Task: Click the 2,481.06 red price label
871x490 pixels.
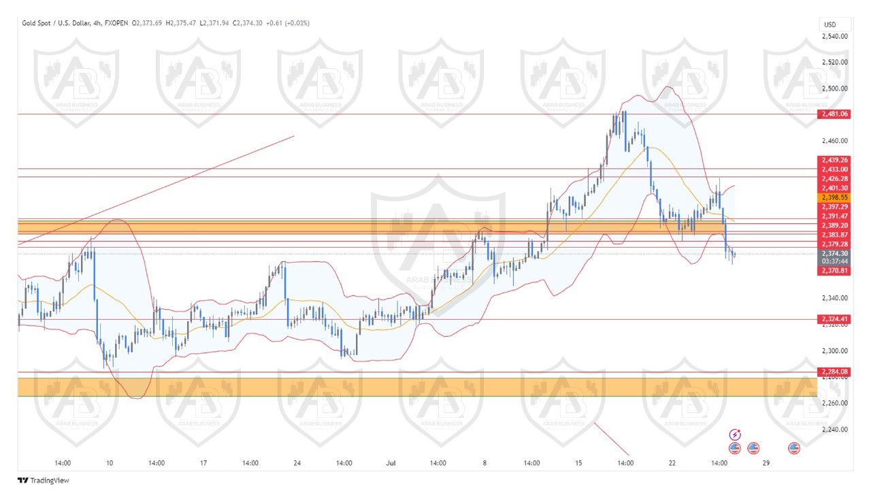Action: pos(834,114)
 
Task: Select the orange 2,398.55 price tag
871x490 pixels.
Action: pos(834,197)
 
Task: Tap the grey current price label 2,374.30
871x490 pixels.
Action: pos(834,253)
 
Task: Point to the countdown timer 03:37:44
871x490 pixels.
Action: pos(834,261)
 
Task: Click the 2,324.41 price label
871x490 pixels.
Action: pos(834,319)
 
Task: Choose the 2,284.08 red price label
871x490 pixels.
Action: pos(834,372)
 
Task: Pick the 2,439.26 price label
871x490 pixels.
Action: pos(834,161)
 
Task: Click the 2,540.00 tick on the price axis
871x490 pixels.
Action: pos(834,37)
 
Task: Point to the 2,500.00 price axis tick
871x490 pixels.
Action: pos(834,88)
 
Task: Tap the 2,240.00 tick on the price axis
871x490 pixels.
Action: pos(834,429)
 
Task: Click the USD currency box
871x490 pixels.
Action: pos(830,24)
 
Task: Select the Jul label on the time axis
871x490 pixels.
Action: pos(391,463)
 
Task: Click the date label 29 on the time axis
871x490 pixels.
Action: pos(766,463)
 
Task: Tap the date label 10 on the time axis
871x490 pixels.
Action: pos(110,463)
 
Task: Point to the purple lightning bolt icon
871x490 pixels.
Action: pos(735,434)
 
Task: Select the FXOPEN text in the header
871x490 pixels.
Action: pos(118,23)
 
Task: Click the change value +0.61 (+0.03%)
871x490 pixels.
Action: pos(286,23)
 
